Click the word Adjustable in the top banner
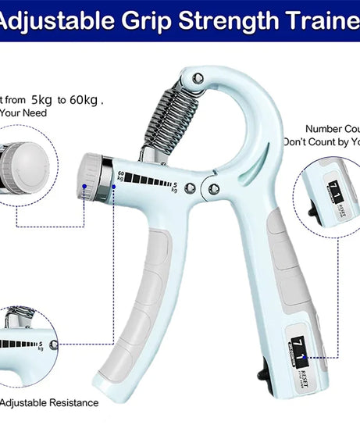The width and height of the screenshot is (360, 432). click(59, 20)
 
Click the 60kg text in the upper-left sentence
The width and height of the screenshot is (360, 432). click(85, 100)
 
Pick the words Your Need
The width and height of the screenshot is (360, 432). click(23, 113)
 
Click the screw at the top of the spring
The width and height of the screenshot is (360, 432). click(198, 78)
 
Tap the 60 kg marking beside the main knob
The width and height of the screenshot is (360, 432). click(119, 175)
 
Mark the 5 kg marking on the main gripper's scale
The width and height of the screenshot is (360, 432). click(174, 185)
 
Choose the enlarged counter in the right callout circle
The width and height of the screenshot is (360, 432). click(330, 195)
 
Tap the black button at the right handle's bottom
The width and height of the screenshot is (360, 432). click(262, 373)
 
